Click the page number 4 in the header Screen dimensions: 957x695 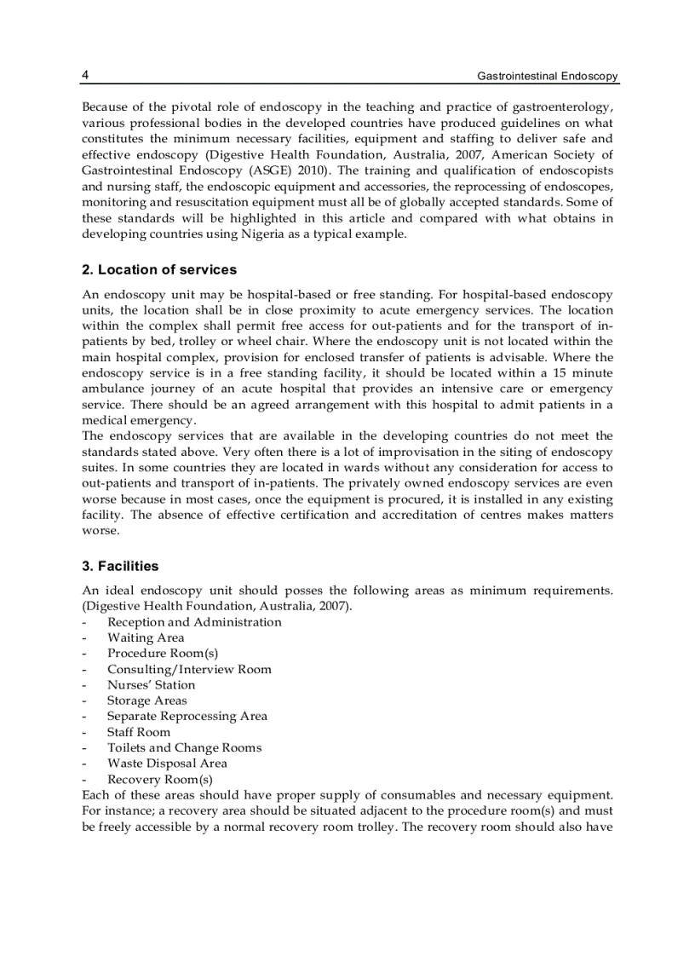(x=85, y=76)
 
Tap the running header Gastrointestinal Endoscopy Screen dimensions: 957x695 (x=548, y=77)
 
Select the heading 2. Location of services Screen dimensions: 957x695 (x=159, y=270)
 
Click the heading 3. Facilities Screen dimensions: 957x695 (x=120, y=566)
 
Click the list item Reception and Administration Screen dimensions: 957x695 (x=194, y=622)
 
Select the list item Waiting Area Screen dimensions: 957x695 (x=146, y=637)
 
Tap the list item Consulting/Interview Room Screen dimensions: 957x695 (x=189, y=669)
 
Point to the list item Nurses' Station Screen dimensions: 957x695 (x=151, y=685)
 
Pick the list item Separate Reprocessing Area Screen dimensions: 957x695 (x=187, y=717)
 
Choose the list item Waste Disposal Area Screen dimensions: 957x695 (x=167, y=764)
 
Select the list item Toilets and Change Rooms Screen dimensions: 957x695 (x=184, y=748)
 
